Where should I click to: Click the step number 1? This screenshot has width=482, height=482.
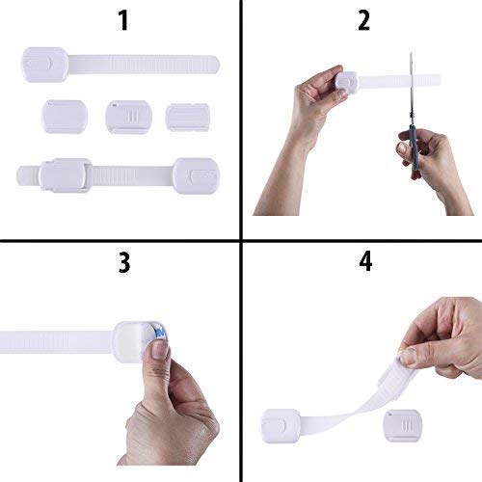(121, 22)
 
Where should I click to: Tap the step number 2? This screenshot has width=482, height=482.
(362, 22)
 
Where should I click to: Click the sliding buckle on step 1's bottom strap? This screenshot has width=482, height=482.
(66, 174)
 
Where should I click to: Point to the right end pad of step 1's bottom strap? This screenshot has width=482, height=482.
(196, 174)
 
